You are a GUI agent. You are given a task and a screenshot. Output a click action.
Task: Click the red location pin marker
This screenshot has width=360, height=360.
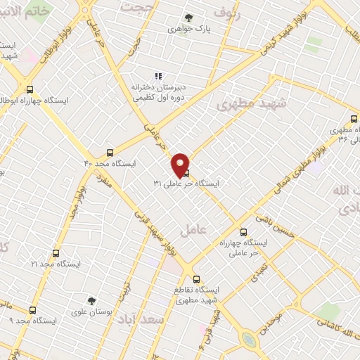pyautogui.click(x=181, y=164)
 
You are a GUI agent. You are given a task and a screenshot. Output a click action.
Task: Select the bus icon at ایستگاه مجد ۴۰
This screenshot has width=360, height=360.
pyautogui.click(x=109, y=152)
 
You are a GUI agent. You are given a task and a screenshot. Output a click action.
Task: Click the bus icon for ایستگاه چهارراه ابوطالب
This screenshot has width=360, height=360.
pyautogui.click(x=30, y=89)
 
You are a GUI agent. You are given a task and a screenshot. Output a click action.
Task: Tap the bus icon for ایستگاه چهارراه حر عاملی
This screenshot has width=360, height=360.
pyautogui.click(x=244, y=231)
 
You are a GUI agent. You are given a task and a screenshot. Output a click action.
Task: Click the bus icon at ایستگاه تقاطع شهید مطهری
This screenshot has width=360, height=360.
pyautogui.click(x=196, y=278)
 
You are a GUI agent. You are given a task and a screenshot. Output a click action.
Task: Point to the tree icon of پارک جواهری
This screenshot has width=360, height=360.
pyautogui.click(x=188, y=18)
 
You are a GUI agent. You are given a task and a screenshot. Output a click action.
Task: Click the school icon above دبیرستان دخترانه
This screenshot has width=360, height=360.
pyautogui.click(x=158, y=76)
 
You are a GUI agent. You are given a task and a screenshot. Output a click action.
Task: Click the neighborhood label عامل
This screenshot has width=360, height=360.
pyautogui.click(x=191, y=229)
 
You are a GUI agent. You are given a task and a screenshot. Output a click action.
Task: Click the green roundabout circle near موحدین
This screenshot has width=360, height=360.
pyautogui.click(x=249, y=340)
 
